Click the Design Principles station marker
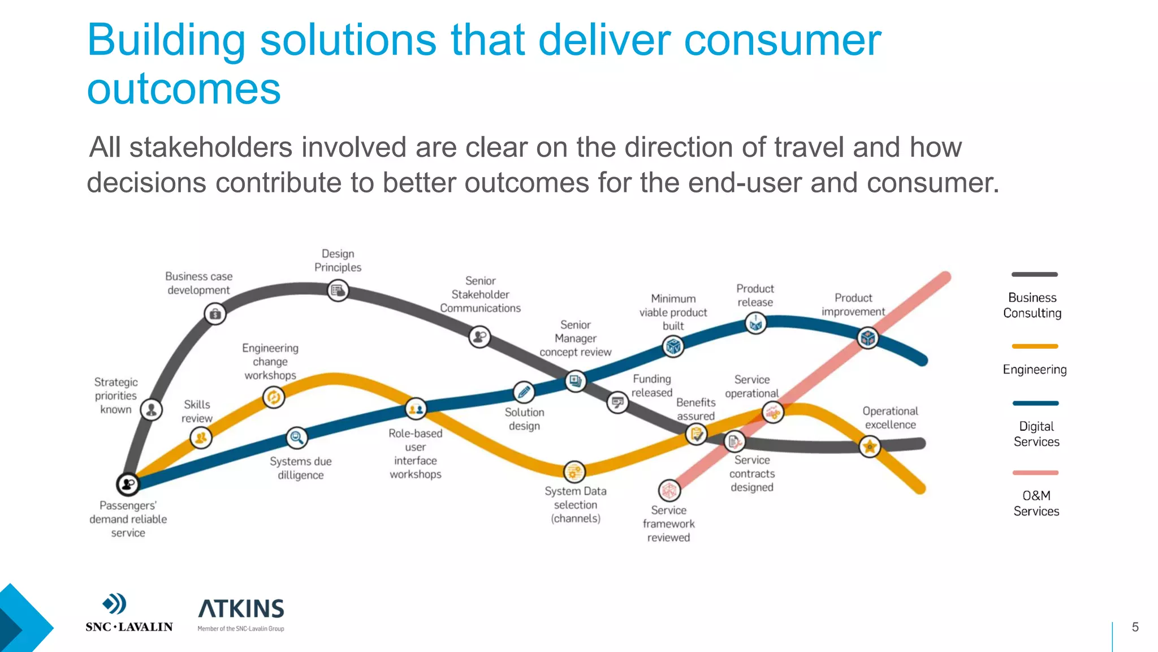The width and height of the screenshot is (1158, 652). pos(338,291)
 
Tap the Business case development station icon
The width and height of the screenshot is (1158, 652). pos(215,314)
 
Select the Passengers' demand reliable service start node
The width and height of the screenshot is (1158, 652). pos(128,484)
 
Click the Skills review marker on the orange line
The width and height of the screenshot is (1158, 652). pos(201,437)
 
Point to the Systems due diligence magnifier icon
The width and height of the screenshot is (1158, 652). pos(296,437)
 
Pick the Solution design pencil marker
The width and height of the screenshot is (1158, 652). pos(524,392)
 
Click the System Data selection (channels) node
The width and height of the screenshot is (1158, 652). pos(574,471)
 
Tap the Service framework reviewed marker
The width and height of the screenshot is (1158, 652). pos(669,490)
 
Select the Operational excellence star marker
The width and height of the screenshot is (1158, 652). pos(870,447)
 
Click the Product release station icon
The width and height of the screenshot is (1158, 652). pos(755,323)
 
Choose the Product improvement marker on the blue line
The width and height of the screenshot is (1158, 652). pos(868,338)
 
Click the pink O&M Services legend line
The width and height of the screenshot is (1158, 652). pos(1035,473)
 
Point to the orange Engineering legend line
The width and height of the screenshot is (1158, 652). pos(1035,346)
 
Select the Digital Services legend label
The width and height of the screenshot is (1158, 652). pos(1036,434)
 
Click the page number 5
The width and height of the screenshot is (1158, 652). pos(1135,627)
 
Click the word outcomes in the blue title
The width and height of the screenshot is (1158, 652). pos(184,89)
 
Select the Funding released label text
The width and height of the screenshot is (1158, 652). pos(651,385)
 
